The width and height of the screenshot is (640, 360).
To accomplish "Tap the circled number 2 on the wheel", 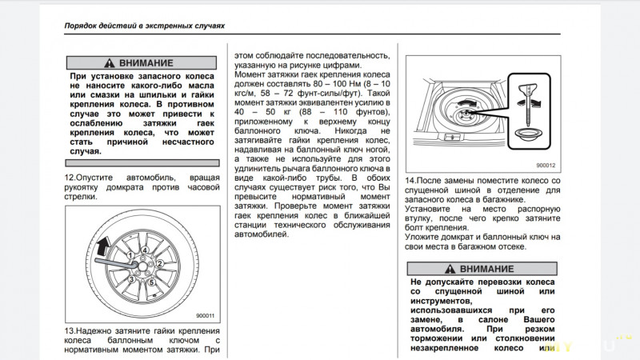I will click(159, 263).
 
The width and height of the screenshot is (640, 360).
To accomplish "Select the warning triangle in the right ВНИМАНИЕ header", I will click(450, 268).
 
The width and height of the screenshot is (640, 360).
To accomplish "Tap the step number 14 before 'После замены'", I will click(410, 182).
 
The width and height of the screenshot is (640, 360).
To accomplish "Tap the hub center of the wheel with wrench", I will click(145, 263).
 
